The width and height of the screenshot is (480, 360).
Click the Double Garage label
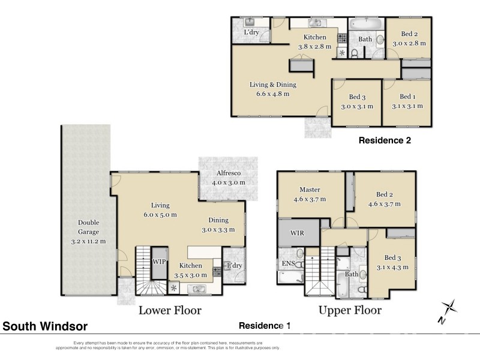pyautogui.click(x=88, y=232)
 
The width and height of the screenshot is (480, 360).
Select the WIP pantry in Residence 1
pyautogui.click(x=158, y=262)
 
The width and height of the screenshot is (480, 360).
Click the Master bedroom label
pyautogui.click(x=308, y=195)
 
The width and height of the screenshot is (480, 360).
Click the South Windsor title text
pyautogui.click(x=46, y=326)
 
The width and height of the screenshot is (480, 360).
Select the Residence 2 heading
pyautogui.click(x=384, y=140)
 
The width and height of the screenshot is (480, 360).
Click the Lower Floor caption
pyautogui.click(x=170, y=310)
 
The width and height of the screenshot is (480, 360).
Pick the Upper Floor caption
pyautogui.click(x=350, y=310)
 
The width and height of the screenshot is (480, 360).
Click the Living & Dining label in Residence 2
pyautogui.click(x=273, y=89)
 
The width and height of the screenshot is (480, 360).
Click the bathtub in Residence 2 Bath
pyautogui.click(x=365, y=26)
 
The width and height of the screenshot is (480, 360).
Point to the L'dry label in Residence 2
pyautogui.click(x=252, y=32)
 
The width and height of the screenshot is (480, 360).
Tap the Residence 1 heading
pyautogui.click(x=265, y=326)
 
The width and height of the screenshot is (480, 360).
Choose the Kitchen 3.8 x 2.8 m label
pyautogui.click(x=314, y=41)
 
